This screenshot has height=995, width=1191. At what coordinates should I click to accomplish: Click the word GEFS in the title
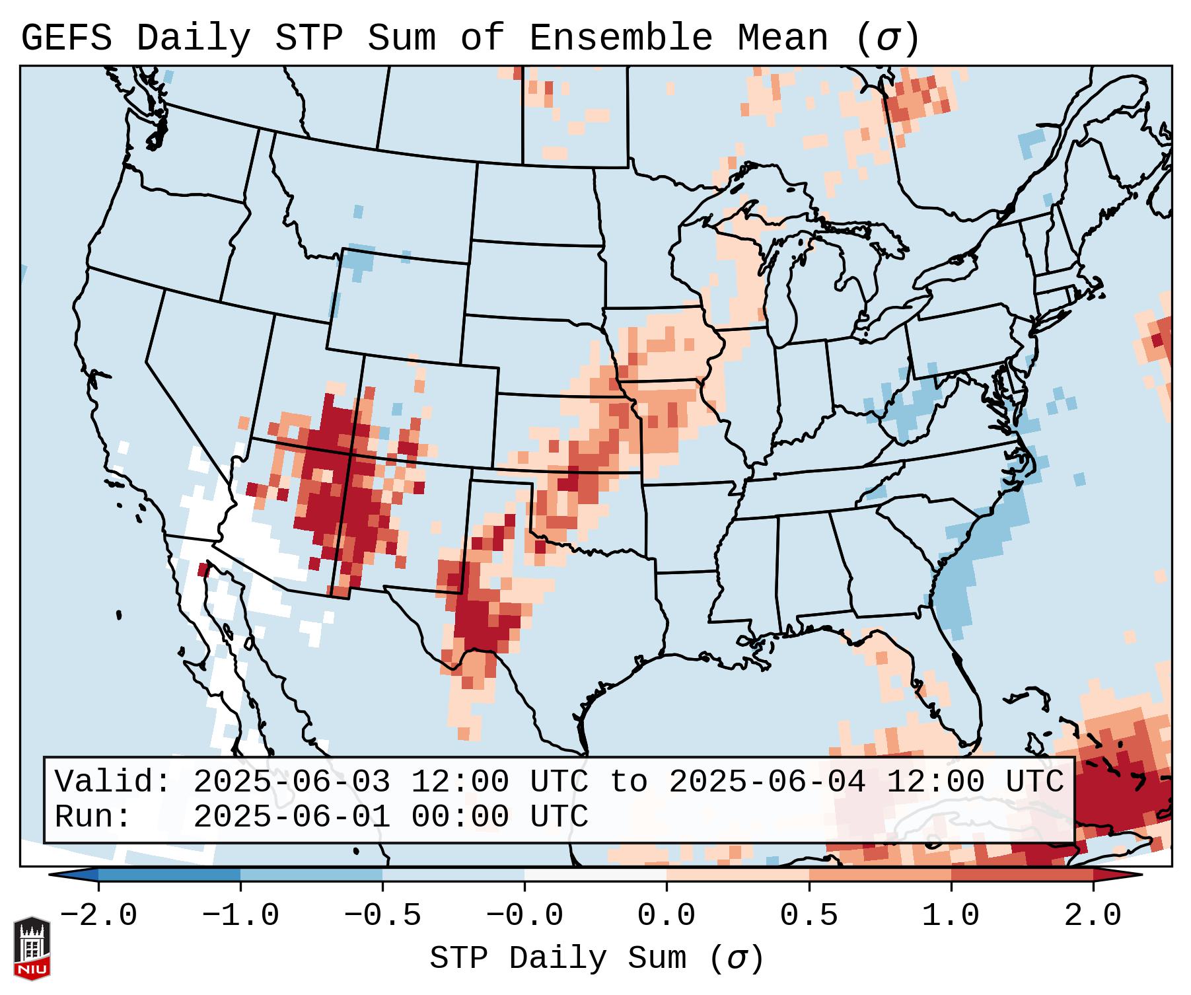pos(66,38)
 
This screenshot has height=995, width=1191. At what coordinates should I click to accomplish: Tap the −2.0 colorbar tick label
pos(98,916)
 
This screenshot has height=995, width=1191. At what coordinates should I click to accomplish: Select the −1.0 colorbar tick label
pos(240,916)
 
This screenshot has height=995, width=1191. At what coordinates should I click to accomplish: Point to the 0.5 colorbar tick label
pos(809,916)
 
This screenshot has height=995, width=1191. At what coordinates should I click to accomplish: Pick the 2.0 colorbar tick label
pos(1093,916)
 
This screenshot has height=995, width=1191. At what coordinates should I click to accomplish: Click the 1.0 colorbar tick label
pos(951,916)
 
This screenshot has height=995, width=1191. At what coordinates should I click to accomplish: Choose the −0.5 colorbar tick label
pos(382,916)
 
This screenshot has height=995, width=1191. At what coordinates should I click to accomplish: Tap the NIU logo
pos(32,948)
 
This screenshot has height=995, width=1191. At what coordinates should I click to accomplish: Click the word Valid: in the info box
pos(112,782)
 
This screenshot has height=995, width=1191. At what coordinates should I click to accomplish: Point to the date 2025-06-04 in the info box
pos(767,782)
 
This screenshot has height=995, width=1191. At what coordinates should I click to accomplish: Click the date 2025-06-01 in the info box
pos(291,817)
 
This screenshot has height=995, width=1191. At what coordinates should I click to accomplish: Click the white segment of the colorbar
pos(595,875)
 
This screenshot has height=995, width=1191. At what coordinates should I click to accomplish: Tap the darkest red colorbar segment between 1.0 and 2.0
pos(1021,875)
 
